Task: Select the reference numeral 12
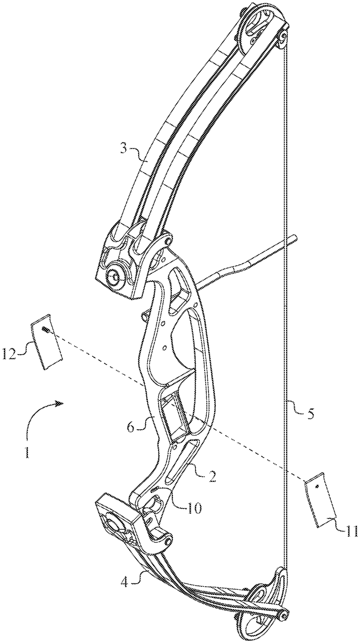(x=16, y=352)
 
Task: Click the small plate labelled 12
(x=46, y=342)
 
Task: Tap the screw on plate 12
(x=46, y=332)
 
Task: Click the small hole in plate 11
(x=317, y=487)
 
